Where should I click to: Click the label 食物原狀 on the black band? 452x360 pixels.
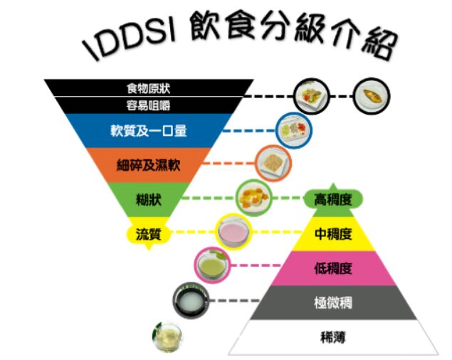coord(148,89)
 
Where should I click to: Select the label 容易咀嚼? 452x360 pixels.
coord(148,105)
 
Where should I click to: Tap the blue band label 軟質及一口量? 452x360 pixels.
coord(148,131)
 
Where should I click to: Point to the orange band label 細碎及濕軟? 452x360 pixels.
coord(148,166)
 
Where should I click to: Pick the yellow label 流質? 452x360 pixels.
coord(148,233)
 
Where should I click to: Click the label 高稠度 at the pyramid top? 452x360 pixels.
coord(333,201)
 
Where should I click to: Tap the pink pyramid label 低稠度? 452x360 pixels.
coord(333,268)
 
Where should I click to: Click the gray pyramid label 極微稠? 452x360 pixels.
coord(333,302)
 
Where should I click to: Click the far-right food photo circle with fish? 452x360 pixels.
coord(373,95)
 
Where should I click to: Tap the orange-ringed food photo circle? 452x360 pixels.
coord(274,162)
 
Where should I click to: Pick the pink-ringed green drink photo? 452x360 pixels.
coord(212,265)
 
